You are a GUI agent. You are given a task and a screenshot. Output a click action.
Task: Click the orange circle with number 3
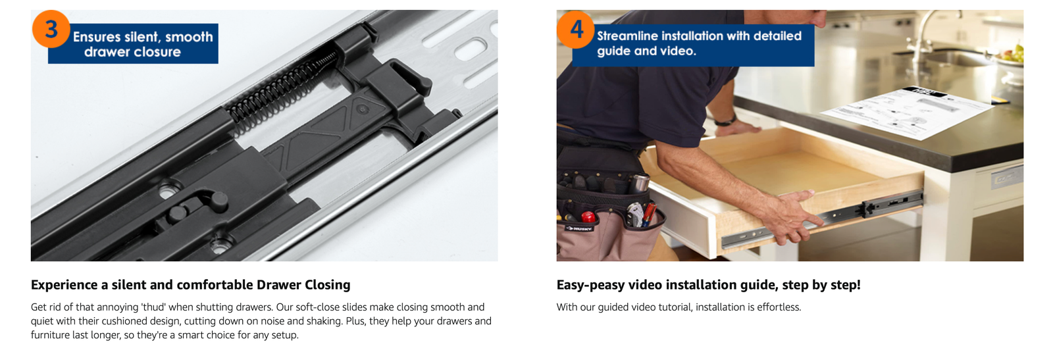[51, 29]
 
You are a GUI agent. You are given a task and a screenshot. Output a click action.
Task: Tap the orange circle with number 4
[576, 30]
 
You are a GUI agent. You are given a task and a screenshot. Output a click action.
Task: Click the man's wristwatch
[725, 121]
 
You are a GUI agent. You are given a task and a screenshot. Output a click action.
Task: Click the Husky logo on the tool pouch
[578, 228]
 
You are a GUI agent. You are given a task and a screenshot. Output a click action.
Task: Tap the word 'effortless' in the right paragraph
[779, 307]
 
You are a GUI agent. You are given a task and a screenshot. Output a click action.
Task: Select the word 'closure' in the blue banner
[157, 52]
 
